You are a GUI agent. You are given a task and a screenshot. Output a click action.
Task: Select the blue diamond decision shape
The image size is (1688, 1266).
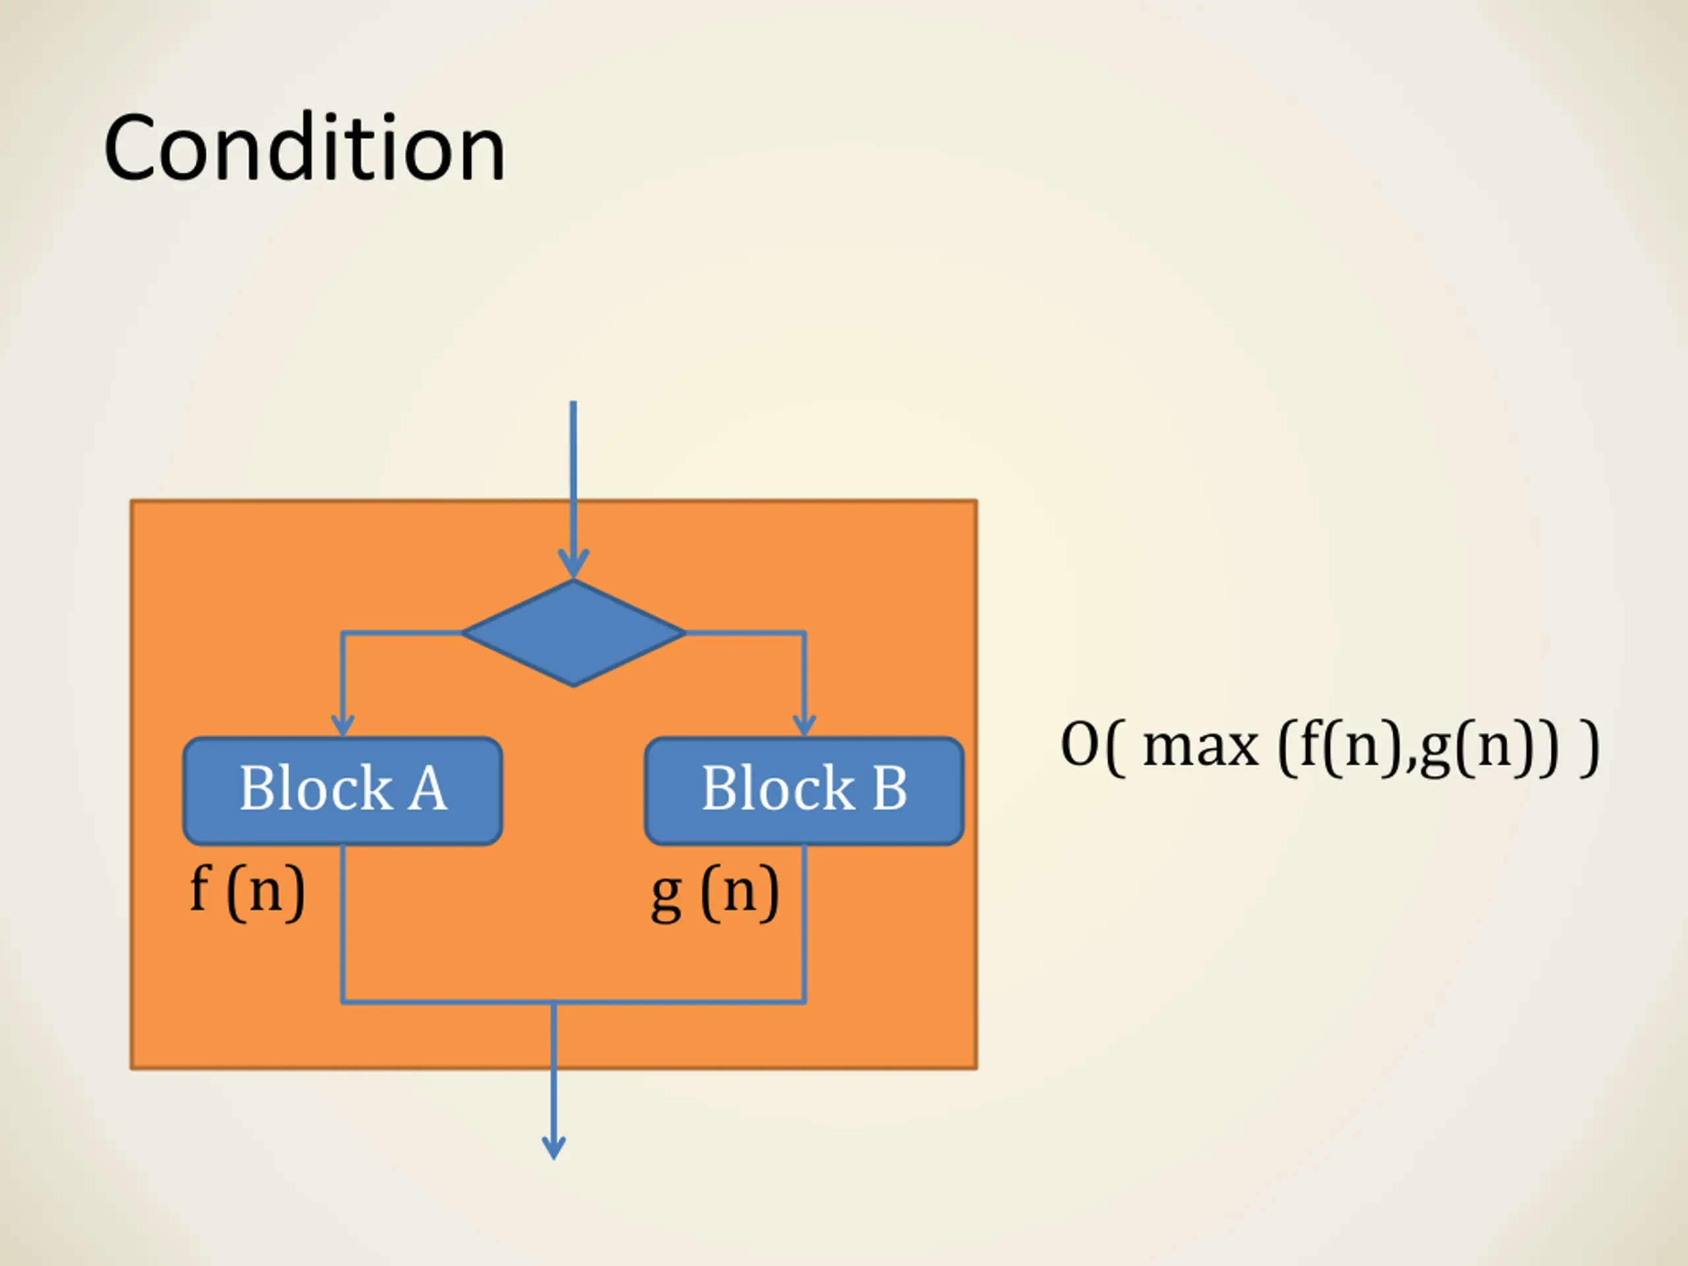click(x=573, y=632)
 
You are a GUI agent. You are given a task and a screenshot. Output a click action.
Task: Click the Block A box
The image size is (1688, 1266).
click(x=343, y=791)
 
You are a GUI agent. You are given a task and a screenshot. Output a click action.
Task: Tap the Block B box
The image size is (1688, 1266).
click(x=804, y=791)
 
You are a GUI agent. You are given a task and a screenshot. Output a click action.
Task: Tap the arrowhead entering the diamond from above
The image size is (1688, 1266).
click(x=573, y=564)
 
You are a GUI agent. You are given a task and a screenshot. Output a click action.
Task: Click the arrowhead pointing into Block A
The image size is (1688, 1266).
click(x=343, y=724)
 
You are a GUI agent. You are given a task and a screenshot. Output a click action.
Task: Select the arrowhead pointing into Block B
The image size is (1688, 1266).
click(x=804, y=724)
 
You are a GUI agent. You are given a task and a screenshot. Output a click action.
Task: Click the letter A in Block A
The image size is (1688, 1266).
click(x=427, y=789)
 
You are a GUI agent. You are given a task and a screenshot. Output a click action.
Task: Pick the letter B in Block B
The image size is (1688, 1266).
click(x=889, y=789)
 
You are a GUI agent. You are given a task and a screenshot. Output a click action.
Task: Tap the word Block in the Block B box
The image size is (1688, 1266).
click(x=777, y=789)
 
